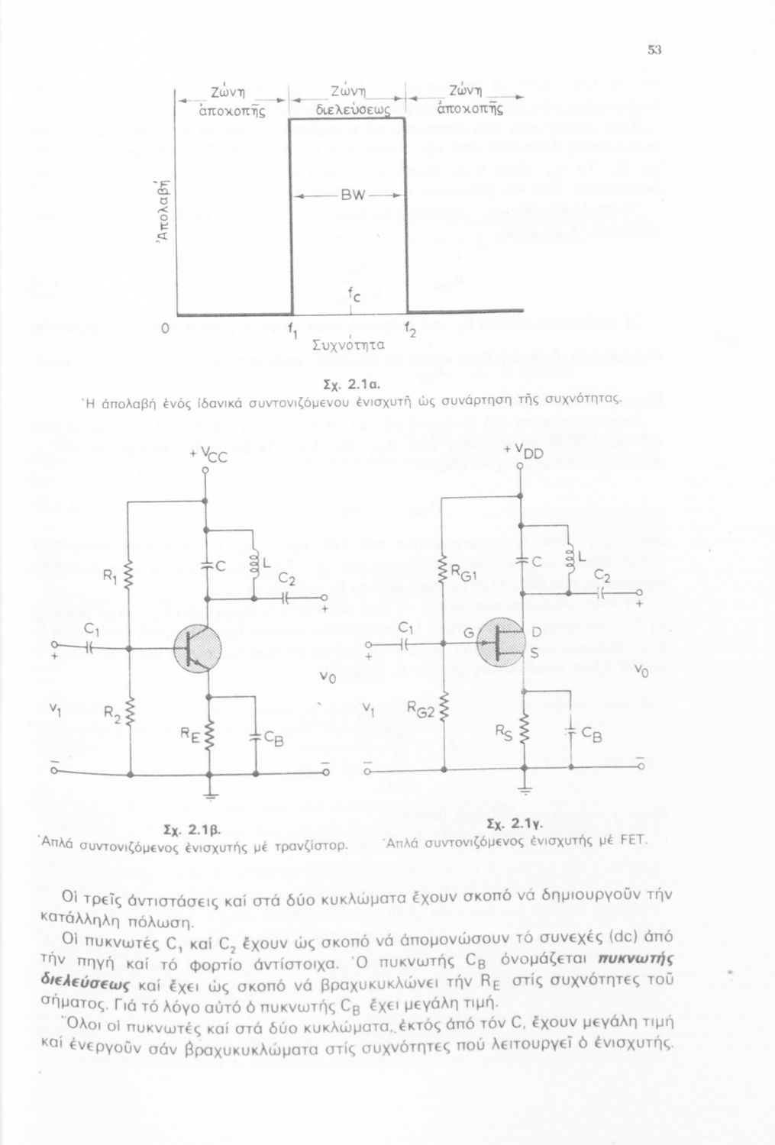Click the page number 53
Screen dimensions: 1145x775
654,50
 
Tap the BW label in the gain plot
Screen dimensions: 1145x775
349,195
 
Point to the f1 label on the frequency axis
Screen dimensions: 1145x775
293,331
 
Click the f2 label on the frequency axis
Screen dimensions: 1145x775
411,331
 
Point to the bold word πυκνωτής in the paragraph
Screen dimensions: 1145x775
630,960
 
